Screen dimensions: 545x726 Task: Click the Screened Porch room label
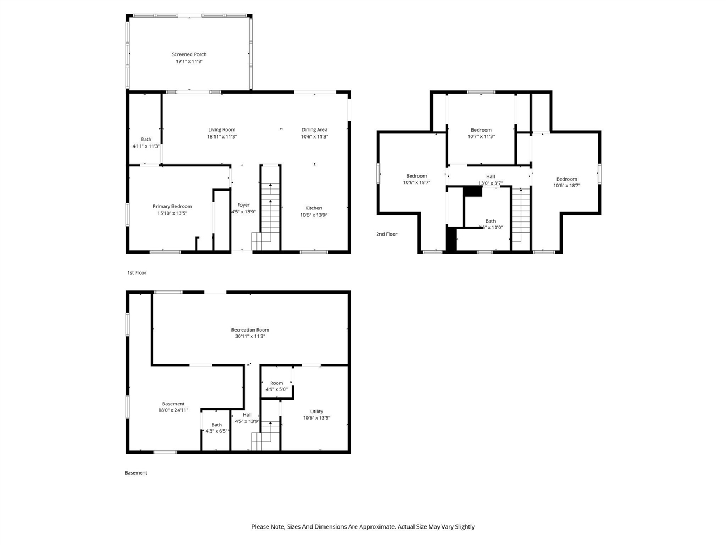pos(189,54)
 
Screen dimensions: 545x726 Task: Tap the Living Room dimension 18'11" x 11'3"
pos(221,137)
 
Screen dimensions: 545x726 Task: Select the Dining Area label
pos(314,129)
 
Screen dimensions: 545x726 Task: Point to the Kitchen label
pos(314,208)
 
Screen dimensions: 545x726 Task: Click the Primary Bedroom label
pos(172,207)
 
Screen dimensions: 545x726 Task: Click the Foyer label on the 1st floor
pos(243,205)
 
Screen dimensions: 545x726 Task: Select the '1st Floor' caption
pos(137,273)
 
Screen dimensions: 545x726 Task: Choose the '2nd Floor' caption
pos(387,234)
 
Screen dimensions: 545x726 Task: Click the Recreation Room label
pos(250,330)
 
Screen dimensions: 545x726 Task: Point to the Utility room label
pos(316,412)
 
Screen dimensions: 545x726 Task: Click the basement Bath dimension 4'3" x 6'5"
pos(217,431)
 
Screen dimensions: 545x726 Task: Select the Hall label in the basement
pos(247,415)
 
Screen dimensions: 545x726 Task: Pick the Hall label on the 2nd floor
pos(490,177)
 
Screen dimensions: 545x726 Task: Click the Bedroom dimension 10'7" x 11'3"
pos(481,137)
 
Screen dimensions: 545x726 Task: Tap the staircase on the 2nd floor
pos(521,216)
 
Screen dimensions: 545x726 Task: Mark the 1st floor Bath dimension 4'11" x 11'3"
pos(146,146)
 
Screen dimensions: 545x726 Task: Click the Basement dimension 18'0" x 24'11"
pos(173,410)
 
